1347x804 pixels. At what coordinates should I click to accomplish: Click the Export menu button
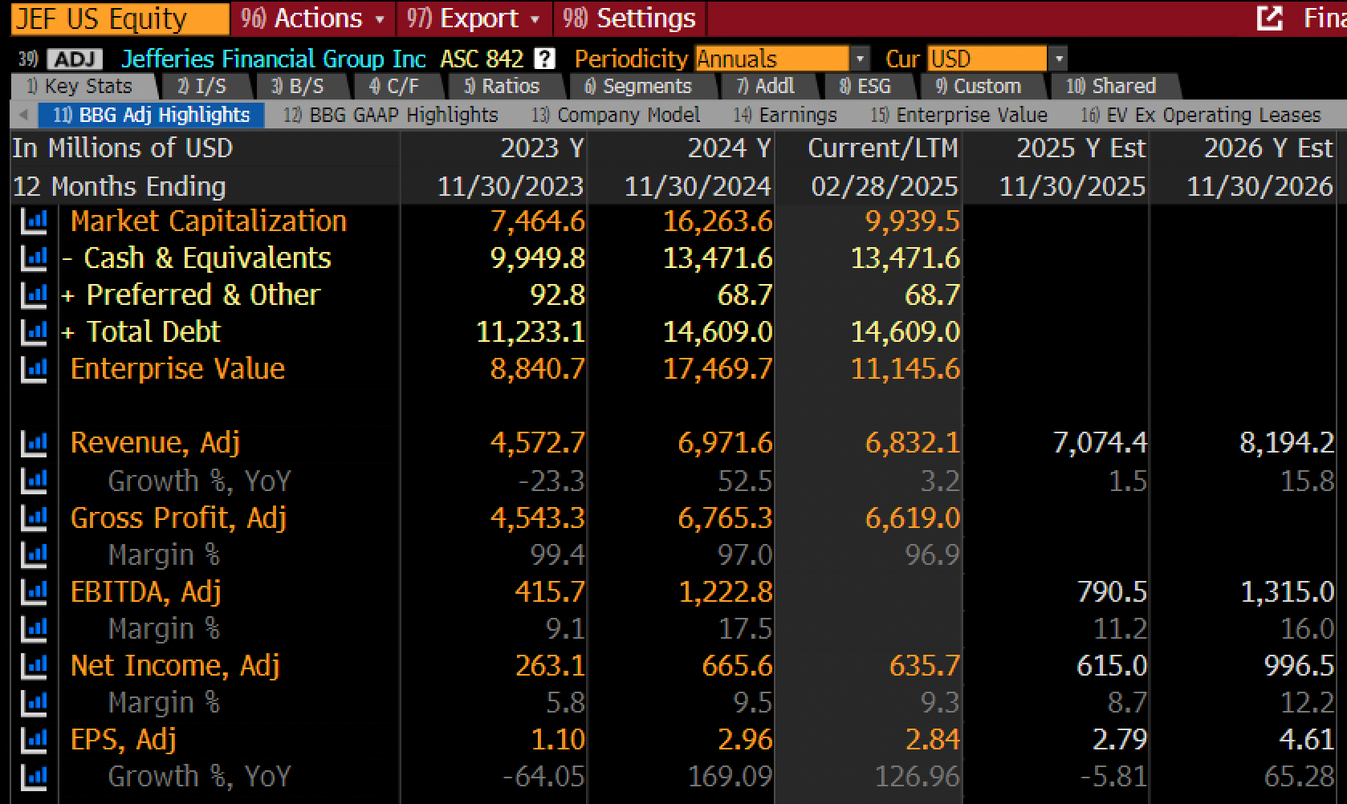(x=474, y=18)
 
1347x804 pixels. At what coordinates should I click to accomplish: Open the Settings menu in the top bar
(x=629, y=18)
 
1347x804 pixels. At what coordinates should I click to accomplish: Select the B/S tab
(x=299, y=87)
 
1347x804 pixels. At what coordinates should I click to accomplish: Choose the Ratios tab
(x=503, y=87)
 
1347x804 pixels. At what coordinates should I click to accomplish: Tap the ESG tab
(x=866, y=87)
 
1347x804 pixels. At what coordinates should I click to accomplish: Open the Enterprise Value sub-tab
(x=959, y=115)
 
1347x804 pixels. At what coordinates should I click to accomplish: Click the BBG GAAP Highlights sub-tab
(x=392, y=115)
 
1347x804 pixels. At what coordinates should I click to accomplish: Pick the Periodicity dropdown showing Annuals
(x=782, y=59)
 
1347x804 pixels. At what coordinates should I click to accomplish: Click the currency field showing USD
(x=996, y=59)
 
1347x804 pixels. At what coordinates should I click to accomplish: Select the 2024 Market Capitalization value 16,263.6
(x=718, y=221)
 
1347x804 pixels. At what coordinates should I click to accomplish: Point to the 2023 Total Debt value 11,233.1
(x=531, y=331)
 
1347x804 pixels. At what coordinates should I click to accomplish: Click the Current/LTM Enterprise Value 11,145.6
(x=905, y=369)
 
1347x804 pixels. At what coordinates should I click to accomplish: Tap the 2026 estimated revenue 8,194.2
(x=1287, y=443)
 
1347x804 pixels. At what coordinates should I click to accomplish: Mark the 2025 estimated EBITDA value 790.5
(x=1112, y=592)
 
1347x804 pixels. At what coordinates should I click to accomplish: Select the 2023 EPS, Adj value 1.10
(x=558, y=740)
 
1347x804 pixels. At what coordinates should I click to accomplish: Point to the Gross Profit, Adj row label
(x=178, y=518)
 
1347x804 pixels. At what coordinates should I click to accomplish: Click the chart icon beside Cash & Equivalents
(x=34, y=258)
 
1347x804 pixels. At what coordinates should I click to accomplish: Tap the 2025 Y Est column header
(x=1081, y=148)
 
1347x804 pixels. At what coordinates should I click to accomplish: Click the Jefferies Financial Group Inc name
(x=274, y=59)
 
